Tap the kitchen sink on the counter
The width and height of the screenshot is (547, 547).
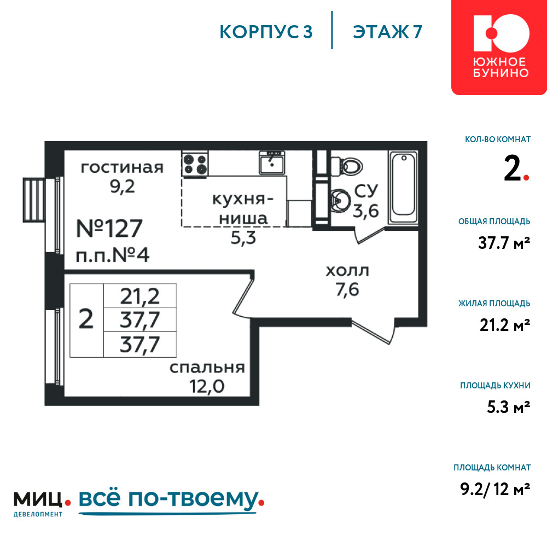(272, 162)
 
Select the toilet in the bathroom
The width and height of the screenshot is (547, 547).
(347, 166)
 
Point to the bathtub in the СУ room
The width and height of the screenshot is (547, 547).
(404, 187)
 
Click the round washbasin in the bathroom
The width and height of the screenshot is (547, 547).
(340, 201)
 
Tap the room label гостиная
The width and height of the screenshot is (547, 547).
(122, 167)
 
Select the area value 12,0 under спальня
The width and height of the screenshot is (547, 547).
(207, 386)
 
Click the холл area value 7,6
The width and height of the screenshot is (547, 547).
(347, 289)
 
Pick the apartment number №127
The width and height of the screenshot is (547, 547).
(109, 228)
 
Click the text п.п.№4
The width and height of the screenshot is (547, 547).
(113, 255)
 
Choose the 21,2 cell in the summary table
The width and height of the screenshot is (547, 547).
(140, 296)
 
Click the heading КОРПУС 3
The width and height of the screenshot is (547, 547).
(266, 32)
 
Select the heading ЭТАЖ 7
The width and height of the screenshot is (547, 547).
(388, 32)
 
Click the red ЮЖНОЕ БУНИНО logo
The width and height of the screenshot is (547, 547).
(499, 47)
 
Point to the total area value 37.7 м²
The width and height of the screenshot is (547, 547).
(504, 243)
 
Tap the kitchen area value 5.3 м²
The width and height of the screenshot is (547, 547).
(509, 407)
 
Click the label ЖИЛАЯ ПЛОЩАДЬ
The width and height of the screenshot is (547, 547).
(494, 304)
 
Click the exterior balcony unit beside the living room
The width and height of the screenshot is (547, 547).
(34, 200)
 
